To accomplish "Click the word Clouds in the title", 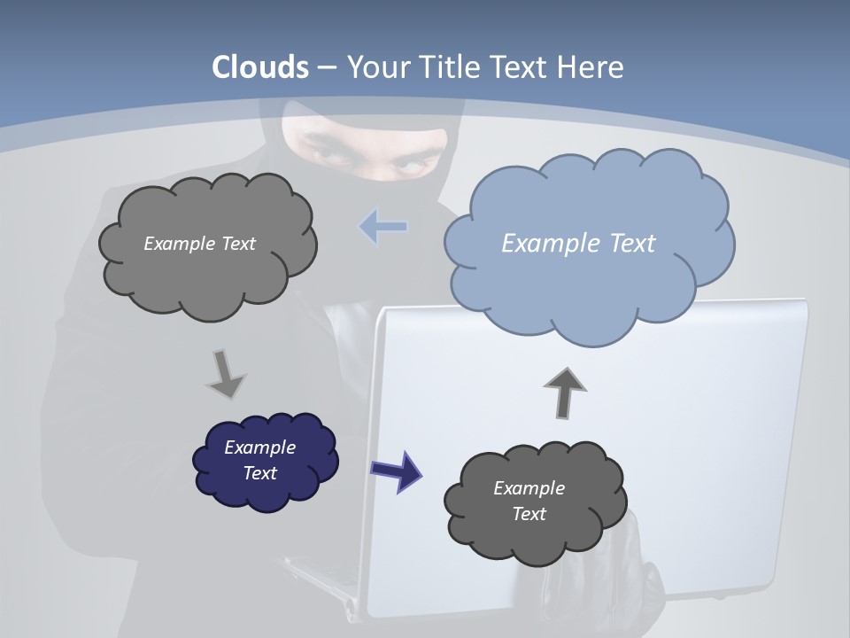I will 260,67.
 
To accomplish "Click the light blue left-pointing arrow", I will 383,227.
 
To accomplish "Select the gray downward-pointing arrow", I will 226,373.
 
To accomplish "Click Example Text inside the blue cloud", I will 578,244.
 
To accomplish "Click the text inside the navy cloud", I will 260,460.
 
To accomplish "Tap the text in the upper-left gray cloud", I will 199,244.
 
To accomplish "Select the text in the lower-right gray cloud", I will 529,501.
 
